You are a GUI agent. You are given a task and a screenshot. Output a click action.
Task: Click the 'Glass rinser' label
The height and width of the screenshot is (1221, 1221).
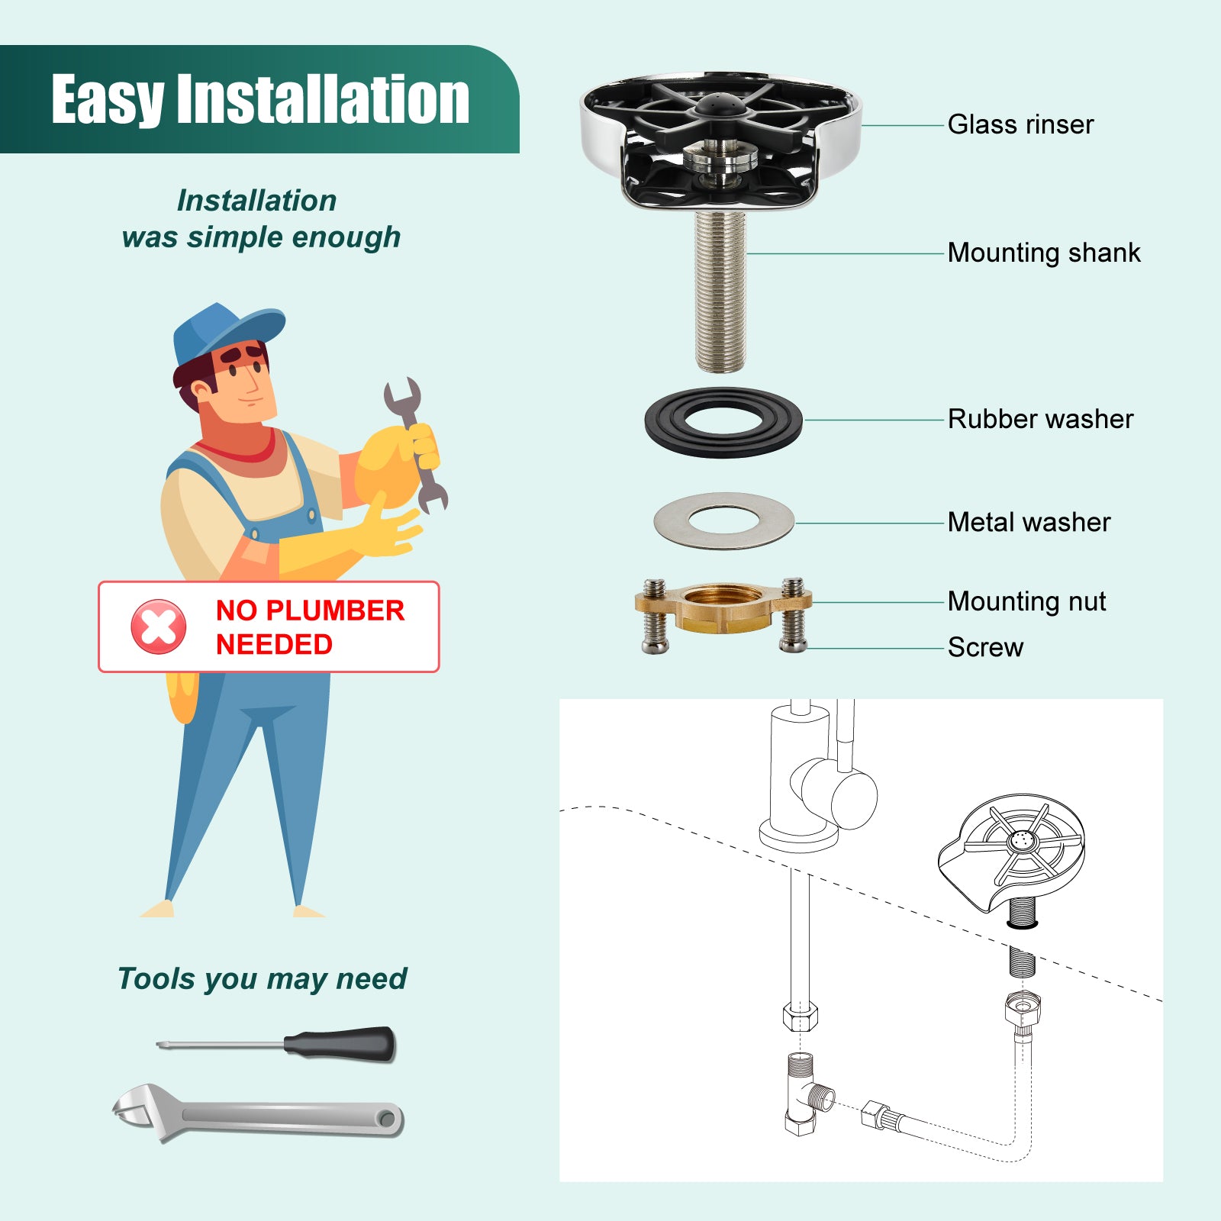1020,124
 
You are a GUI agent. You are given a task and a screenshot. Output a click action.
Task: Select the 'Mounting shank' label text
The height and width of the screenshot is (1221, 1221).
1044,253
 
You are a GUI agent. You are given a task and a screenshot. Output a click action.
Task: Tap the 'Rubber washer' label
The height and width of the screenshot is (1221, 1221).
1040,419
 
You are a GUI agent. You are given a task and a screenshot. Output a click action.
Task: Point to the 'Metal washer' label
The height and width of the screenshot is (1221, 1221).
1029,522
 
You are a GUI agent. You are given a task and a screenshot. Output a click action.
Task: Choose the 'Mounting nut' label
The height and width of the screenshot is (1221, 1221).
1026,601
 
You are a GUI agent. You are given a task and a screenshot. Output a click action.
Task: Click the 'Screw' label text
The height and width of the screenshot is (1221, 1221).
985,647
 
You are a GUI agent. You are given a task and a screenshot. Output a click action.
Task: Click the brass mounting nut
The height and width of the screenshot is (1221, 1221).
723,608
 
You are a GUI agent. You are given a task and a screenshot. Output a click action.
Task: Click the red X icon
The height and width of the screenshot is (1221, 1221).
159,627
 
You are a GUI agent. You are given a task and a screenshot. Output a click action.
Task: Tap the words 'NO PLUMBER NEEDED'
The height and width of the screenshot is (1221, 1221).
310,627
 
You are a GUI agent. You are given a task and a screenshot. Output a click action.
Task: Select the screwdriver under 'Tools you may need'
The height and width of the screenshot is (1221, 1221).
276,1043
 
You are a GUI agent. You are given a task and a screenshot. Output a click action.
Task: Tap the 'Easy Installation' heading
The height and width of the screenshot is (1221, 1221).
260,99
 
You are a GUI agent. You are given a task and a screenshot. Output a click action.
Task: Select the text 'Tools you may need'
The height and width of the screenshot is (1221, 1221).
262,979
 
